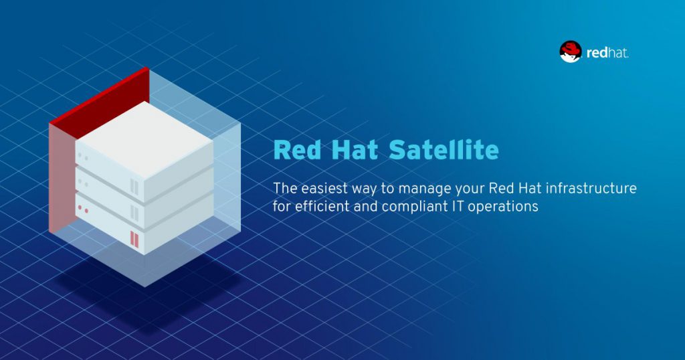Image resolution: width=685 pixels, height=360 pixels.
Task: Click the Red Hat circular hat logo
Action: tap(571, 52)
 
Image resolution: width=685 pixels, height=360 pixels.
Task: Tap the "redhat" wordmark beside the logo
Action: tap(607, 52)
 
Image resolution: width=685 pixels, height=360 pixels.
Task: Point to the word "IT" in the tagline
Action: tap(456, 206)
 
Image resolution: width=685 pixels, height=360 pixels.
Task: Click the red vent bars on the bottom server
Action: tap(135, 238)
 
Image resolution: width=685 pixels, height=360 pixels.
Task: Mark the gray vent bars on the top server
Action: tap(135, 185)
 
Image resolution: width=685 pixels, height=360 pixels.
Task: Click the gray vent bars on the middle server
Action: tap(135, 212)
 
